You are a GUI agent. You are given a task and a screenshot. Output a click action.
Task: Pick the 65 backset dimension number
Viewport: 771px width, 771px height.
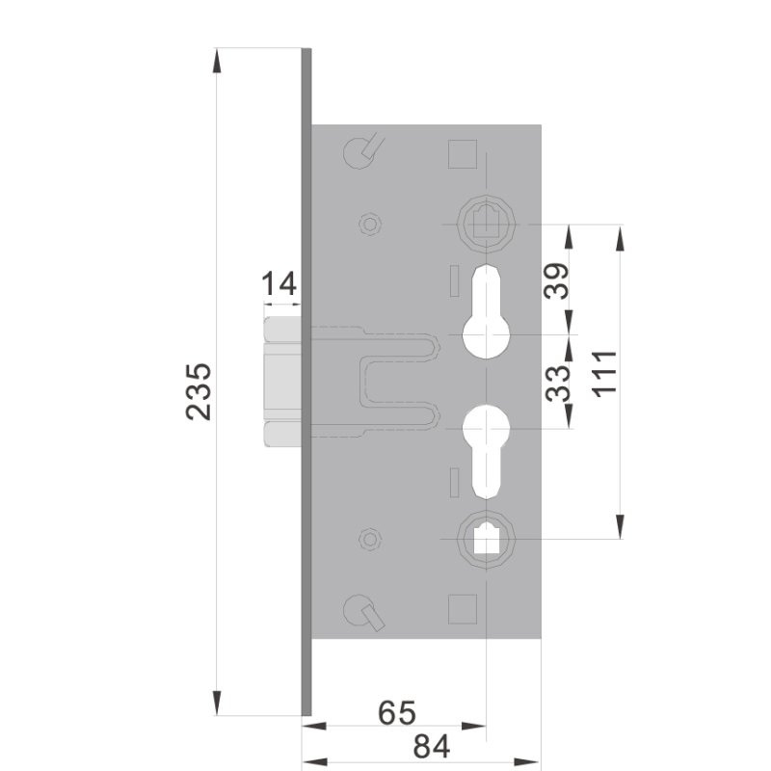click(x=396, y=714)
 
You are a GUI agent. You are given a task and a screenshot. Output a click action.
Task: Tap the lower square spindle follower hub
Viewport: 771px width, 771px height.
click(x=487, y=536)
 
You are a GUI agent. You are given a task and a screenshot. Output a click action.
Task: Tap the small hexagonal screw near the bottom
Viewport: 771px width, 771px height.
click(x=366, y=538)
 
